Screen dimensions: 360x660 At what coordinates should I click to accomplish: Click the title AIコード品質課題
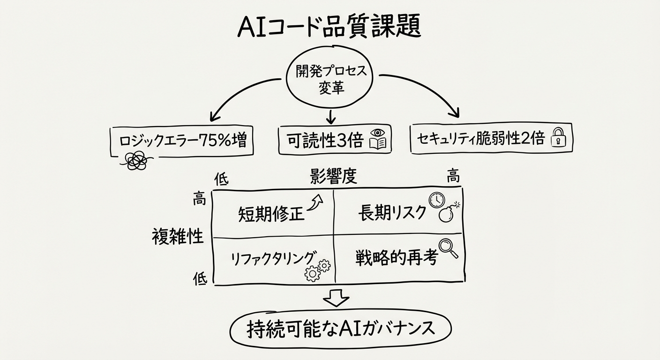[x=329, y=27]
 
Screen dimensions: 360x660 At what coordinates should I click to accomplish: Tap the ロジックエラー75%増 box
[x=181, y=141]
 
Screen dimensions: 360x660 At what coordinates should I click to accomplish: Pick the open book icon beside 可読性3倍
[x=378, y=140]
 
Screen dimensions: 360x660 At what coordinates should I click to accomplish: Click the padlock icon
[x=558, y=139]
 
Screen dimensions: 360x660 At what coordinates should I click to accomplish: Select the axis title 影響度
[x=333, y=177]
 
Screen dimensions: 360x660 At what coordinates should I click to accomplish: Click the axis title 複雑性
[x=178, y=237]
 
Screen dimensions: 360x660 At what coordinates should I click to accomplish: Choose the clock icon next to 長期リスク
[x=436, y=200]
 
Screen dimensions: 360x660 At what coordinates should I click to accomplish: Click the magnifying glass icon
[x=448, y=248]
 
